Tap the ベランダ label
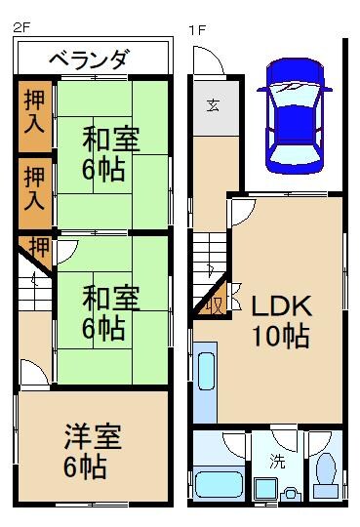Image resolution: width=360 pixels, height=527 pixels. click(89, 60)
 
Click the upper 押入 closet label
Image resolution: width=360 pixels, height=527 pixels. click(33, 112)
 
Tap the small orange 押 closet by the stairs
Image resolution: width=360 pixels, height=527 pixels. click(37, 246)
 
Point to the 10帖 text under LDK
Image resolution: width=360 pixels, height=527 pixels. click(281, 338)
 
